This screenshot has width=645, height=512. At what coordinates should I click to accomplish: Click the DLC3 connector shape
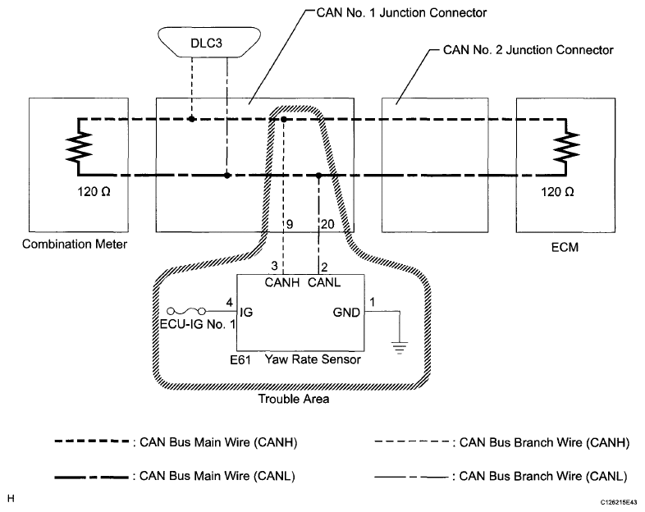(209, 42)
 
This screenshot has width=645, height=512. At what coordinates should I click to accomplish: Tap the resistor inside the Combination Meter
(80, 147)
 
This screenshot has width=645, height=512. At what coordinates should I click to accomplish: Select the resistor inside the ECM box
(566, 147)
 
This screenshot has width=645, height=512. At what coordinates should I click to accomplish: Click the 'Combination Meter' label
(75, 244)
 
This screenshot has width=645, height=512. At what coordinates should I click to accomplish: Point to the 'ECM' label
(565, 247)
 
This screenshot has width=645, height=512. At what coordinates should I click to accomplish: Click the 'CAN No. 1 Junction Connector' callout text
(401, 13)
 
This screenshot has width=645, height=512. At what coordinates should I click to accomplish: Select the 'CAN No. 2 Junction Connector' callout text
(528, 50)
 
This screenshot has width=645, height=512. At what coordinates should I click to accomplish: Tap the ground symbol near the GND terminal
(400, 348)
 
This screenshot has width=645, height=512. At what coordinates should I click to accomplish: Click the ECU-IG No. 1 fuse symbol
(186, 311)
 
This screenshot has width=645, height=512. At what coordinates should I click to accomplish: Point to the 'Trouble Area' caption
(294, 399)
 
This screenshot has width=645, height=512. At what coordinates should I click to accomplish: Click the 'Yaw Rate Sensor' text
(313, 359)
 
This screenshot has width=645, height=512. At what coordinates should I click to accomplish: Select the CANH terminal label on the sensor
(282, 282)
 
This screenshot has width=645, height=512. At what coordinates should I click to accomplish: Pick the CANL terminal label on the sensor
(324, 282)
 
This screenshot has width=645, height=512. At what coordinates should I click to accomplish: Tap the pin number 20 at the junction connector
(327, 224)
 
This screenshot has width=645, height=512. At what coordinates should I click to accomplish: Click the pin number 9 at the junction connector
(290, 224)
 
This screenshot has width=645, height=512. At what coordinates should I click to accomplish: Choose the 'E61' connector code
(240, 360)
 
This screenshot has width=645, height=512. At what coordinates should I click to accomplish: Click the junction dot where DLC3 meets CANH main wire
(191, 119)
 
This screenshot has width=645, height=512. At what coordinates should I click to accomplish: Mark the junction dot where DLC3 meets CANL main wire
(227, 176)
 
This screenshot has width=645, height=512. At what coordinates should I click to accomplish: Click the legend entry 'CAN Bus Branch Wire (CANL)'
(501, 476)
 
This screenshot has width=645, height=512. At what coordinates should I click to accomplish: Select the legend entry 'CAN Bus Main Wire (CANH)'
(176, 442)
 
